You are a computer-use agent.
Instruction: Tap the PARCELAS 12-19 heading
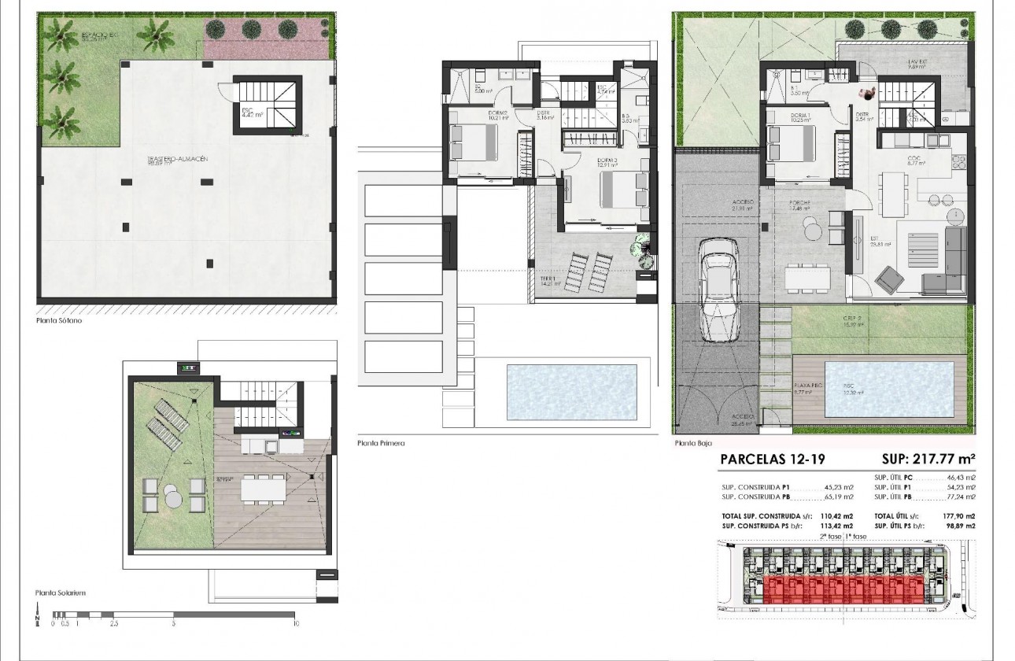coord(773,460)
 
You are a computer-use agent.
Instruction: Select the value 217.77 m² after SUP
coord(946,460)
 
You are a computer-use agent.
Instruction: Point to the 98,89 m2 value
coord(958,525)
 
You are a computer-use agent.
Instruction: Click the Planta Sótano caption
coord(59,321)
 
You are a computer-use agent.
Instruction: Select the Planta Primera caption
coord(381,443)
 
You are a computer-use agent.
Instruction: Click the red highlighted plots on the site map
coord(838,591)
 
